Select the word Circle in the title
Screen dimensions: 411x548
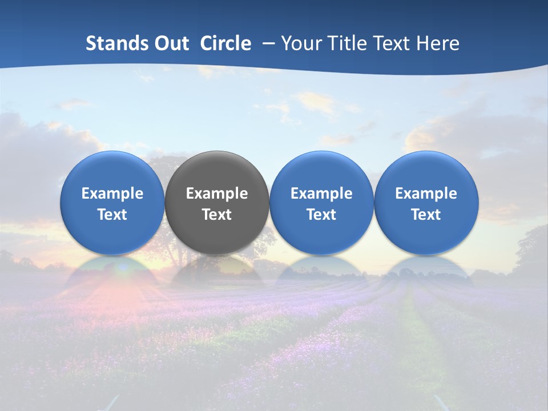coord(225,43)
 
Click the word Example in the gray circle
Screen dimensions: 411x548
coord(217,194)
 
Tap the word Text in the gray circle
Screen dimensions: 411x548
coord(217,215)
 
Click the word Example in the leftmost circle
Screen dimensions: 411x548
coord(112,194)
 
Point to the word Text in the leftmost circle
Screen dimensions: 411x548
coord(112,215)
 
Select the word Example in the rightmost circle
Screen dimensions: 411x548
coord(426,194)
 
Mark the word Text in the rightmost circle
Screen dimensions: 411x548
coord(426,215)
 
